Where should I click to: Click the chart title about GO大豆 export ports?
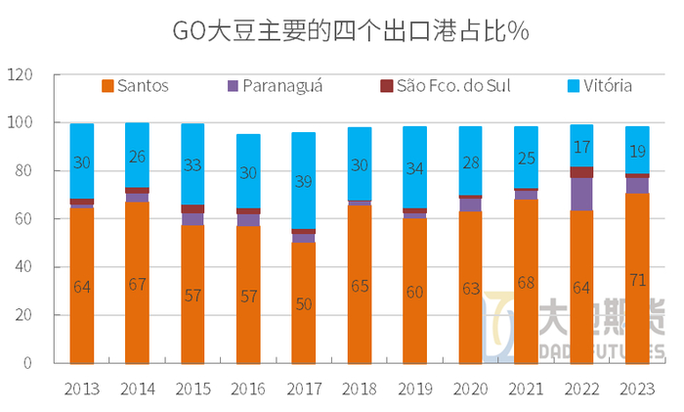[342, 31]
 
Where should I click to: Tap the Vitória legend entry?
[599, 86]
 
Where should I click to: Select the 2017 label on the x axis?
[304, 389]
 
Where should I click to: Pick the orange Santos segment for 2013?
[82, 286]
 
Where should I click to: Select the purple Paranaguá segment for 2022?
[581, 194]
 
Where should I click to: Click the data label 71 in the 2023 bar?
[637, 281]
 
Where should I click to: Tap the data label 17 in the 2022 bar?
[581, 149]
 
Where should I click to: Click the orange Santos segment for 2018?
[360, 284]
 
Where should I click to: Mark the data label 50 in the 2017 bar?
[304, 304]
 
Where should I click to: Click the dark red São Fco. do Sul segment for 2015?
[192, 209]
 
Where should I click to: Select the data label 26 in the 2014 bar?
[138, 156]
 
